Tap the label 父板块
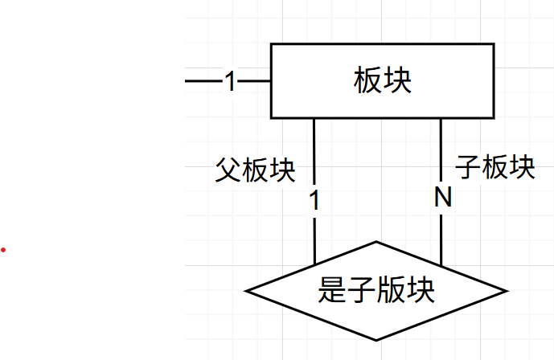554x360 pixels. tap(256, 170)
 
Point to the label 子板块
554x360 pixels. tap(495, 168)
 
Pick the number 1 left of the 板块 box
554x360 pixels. tap(231, 81)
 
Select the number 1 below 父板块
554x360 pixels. tap(314, 201)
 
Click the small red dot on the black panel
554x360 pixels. tap(3, 250)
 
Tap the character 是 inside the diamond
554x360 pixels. tap(333, 290)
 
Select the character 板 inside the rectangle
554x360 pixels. tap(367, 81)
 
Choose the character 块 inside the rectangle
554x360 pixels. tap(397, 81)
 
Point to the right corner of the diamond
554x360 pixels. tap(506, 290)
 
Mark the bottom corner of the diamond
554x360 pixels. tap(376, 339)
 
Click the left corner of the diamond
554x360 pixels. tap(247, 290)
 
